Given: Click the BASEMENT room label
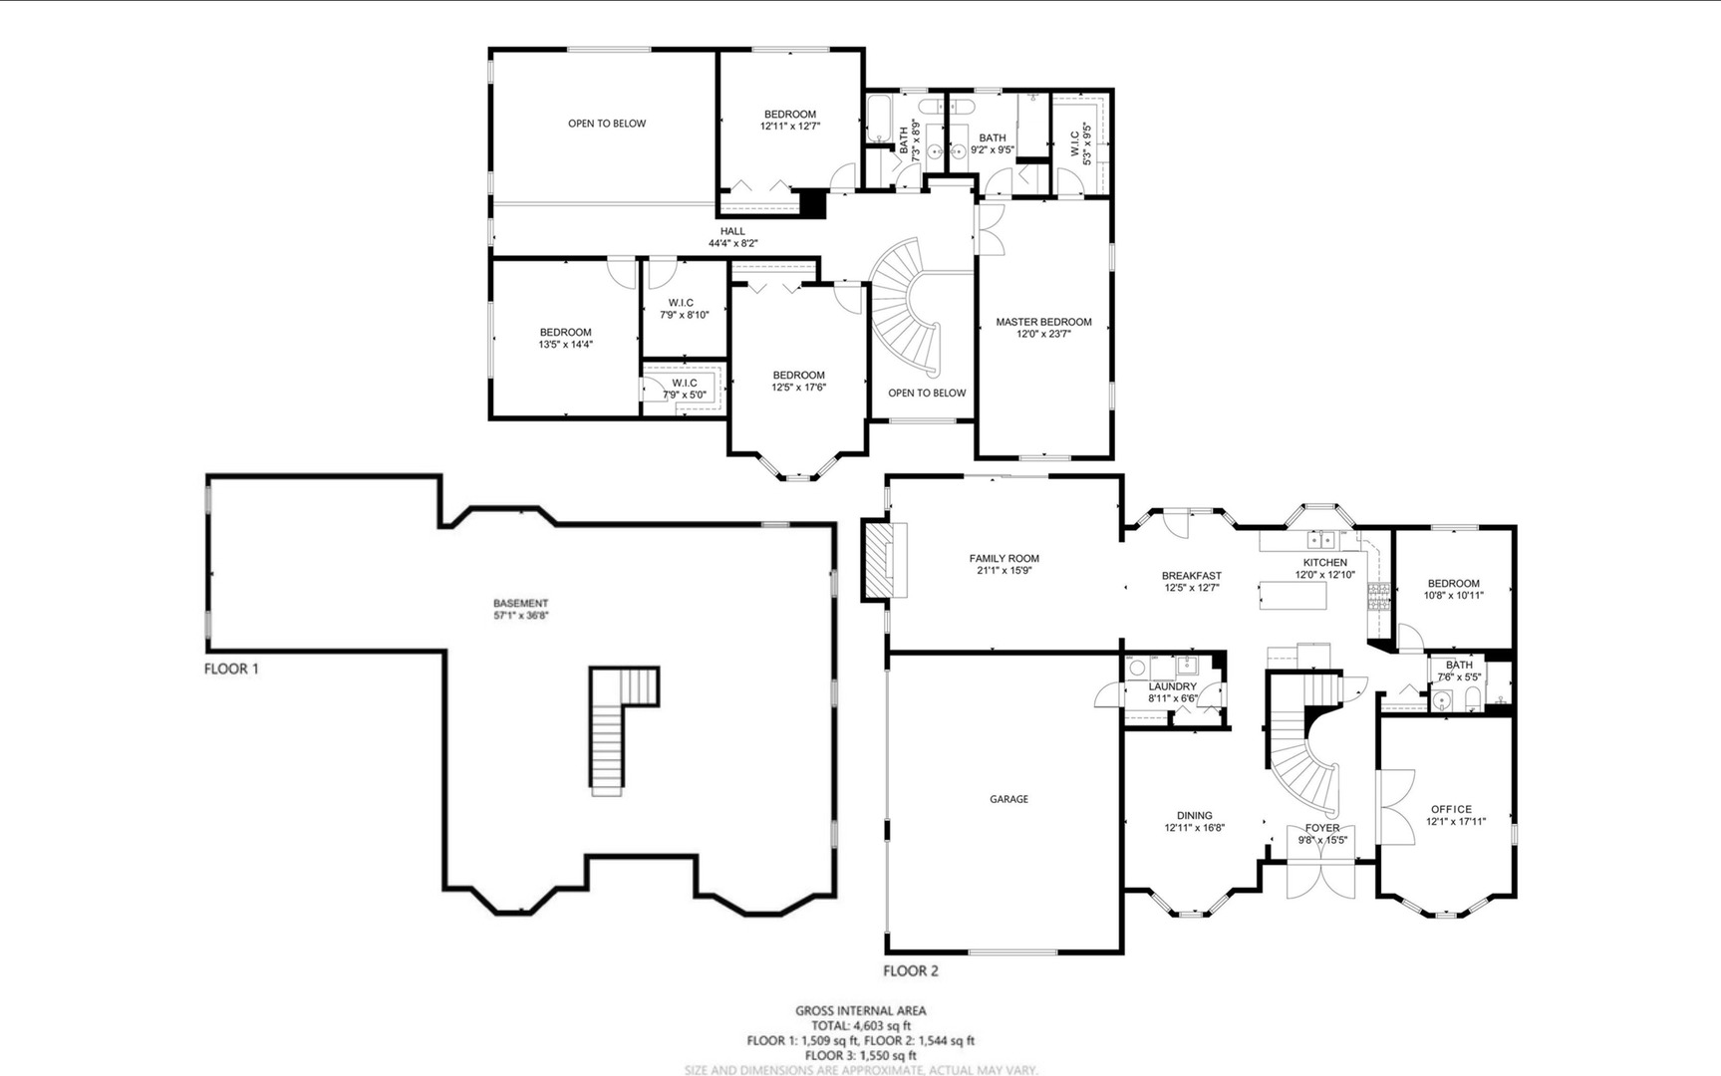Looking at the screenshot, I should [x=520, y=604].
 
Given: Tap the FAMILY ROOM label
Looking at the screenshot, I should [x=1004, y=559].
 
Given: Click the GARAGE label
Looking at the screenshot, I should [x=1008, y=799].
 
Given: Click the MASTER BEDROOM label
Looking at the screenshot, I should [x=1043, y=322].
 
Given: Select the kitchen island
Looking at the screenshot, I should [x=1292, y=595].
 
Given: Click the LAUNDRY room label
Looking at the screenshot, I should [x=1172, y=686].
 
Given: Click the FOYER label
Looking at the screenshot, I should [x=1322, y=828].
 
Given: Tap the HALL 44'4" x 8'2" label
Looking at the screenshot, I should [x=732, y=237].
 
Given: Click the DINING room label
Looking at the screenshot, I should [x=1194, y=815].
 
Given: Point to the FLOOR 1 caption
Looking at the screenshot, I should [x=231, y=669].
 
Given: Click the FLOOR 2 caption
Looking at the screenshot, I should [x=911, y=970].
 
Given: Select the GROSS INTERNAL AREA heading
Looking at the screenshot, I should [x=860, y=1010].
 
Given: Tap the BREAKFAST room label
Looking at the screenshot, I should [x=1191, y=576].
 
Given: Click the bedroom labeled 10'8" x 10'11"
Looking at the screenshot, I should [x=1453, y=589].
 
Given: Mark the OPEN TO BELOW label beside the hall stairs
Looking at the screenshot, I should [x=926, y=393].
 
